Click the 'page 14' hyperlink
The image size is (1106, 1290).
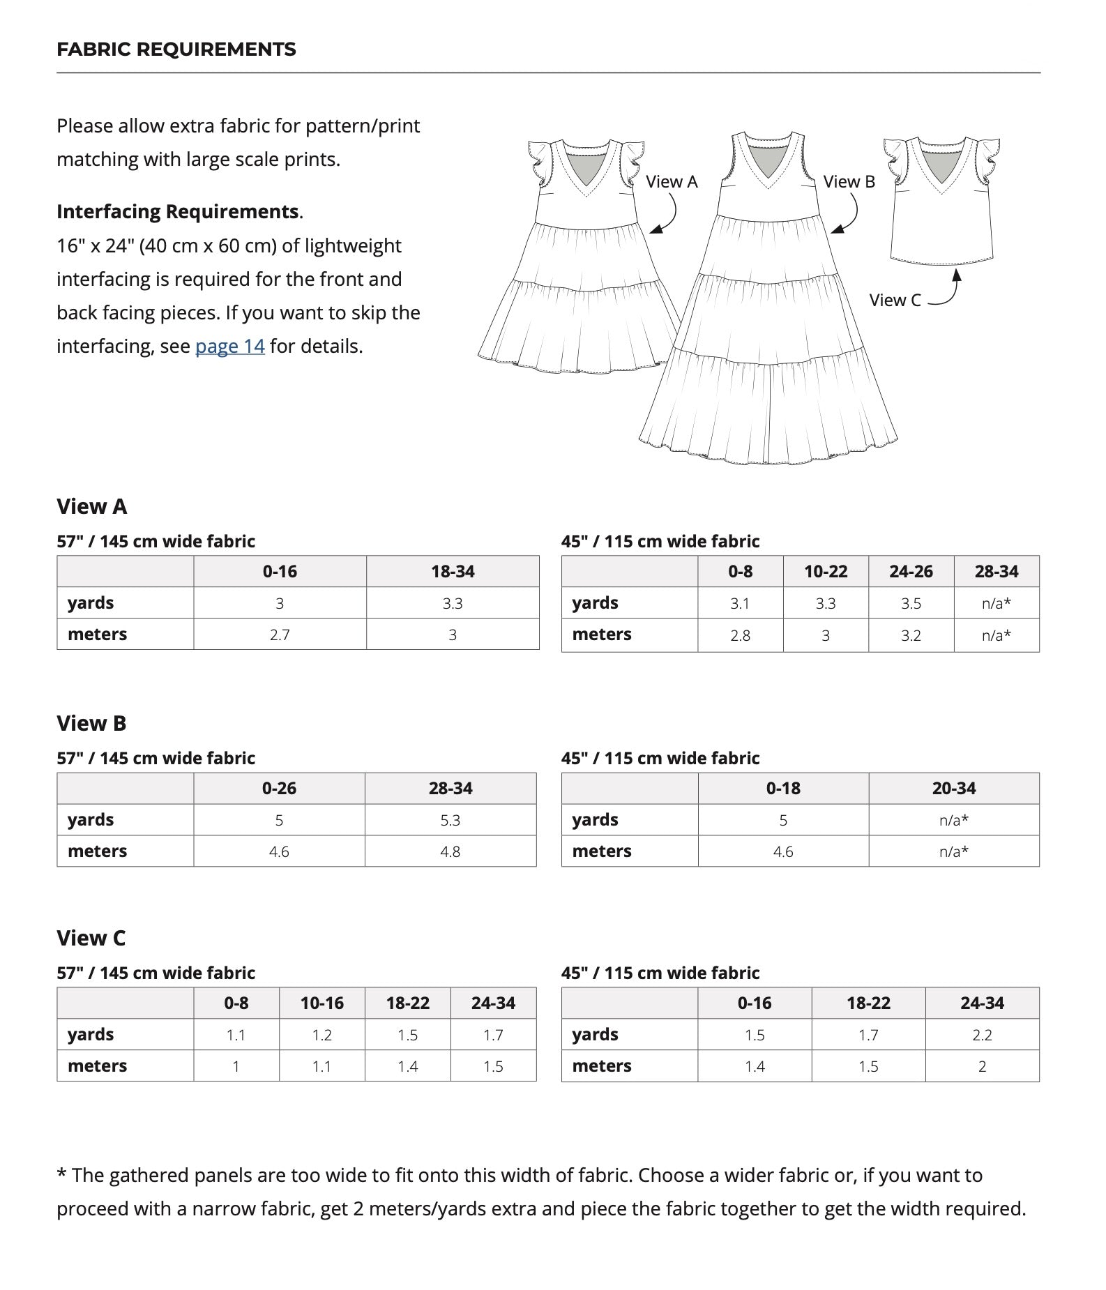click(x=229, y=347)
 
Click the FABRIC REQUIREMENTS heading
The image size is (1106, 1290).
click(x=176, y=50)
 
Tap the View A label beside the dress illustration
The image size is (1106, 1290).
click(x=671, y=182)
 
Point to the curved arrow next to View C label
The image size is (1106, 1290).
click(x=948, y=289)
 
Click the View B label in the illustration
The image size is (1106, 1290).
click(x=849, y=182)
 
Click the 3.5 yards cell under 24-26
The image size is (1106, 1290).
click(x=911, y=604)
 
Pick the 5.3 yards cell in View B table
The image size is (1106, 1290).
click(x=450, y=821)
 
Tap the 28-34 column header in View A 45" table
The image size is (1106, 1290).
click(x=996, y=572)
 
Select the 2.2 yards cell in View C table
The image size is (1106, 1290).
click(x=982, y=1035)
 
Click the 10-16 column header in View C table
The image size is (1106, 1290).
click(x=321, y=1003)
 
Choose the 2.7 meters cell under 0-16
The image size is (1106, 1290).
click(x=280, y=635)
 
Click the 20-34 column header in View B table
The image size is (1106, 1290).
click(x=953, y=789)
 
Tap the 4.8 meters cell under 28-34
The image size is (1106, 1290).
click(x=450, y=852)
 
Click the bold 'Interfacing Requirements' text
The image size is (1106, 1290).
click(x=177, y=212)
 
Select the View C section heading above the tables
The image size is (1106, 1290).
click(x=91, y=939)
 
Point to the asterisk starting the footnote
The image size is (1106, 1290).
click(x=61, y=1175)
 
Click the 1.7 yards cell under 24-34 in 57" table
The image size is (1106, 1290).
click(x=493, y=1035)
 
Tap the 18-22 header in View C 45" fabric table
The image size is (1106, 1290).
click(x=868, y=1003)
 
